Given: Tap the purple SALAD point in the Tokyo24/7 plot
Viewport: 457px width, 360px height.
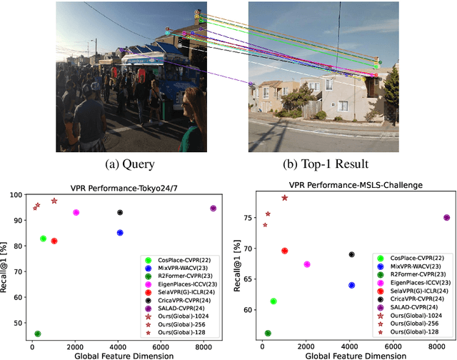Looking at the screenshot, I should (x=213, y=209).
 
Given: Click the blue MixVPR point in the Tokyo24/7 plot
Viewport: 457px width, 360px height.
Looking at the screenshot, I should (x=120, y=233).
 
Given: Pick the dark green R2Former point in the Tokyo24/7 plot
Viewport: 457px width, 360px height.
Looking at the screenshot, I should (x=37, y=334).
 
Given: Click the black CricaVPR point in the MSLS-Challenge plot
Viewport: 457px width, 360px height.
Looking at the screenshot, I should (x=351, y=254).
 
